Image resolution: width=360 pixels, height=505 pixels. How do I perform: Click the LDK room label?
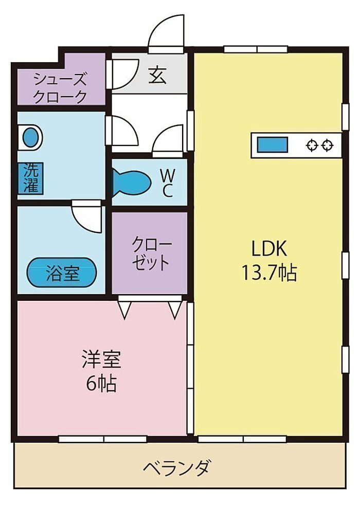coord(269,248)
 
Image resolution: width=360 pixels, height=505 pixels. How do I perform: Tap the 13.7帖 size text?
coord(269,273)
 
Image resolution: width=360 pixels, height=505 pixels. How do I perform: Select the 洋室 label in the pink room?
coord(101,359)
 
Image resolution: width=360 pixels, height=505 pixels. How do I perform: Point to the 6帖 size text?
coord(101,383)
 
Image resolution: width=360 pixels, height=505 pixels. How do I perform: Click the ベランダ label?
coord(178,467)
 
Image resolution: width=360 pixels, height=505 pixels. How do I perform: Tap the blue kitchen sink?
coord(272,145)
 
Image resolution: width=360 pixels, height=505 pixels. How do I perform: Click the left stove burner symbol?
coord(312,145)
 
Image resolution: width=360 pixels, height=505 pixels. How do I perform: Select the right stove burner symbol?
coord(328,145)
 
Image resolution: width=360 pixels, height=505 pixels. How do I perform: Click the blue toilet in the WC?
coord(132,183)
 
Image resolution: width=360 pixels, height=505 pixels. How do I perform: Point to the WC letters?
coord(168,184)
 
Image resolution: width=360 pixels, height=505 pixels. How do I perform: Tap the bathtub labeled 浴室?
coord(62,273)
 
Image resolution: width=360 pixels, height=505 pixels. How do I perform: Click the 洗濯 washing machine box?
coord(31,178)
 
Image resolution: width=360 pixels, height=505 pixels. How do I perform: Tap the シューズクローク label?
coord(60,87)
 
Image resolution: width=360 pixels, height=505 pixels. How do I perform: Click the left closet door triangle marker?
coord(125,310)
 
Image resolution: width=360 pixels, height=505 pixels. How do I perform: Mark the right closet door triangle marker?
coord(175,310)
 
